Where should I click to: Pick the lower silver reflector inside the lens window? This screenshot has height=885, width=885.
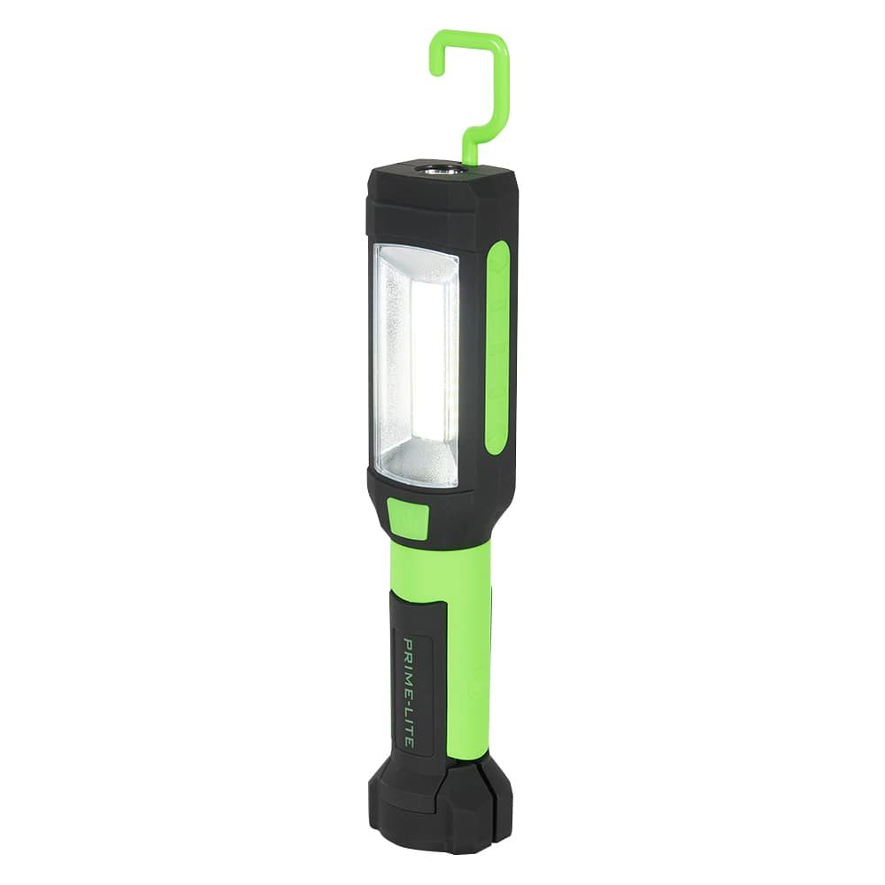tap(423, 460)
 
